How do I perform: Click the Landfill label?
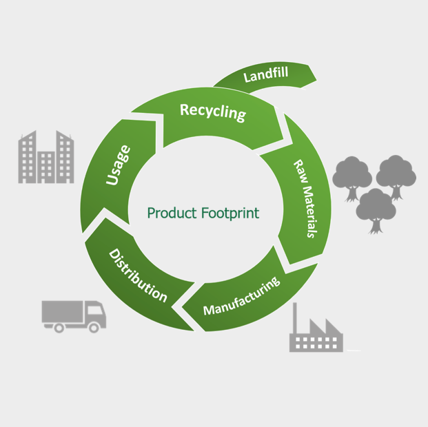tap(265, 74)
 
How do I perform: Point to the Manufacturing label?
tap(241, 296)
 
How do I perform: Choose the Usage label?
tap(118, 166)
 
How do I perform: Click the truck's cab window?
tap(95, 311)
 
